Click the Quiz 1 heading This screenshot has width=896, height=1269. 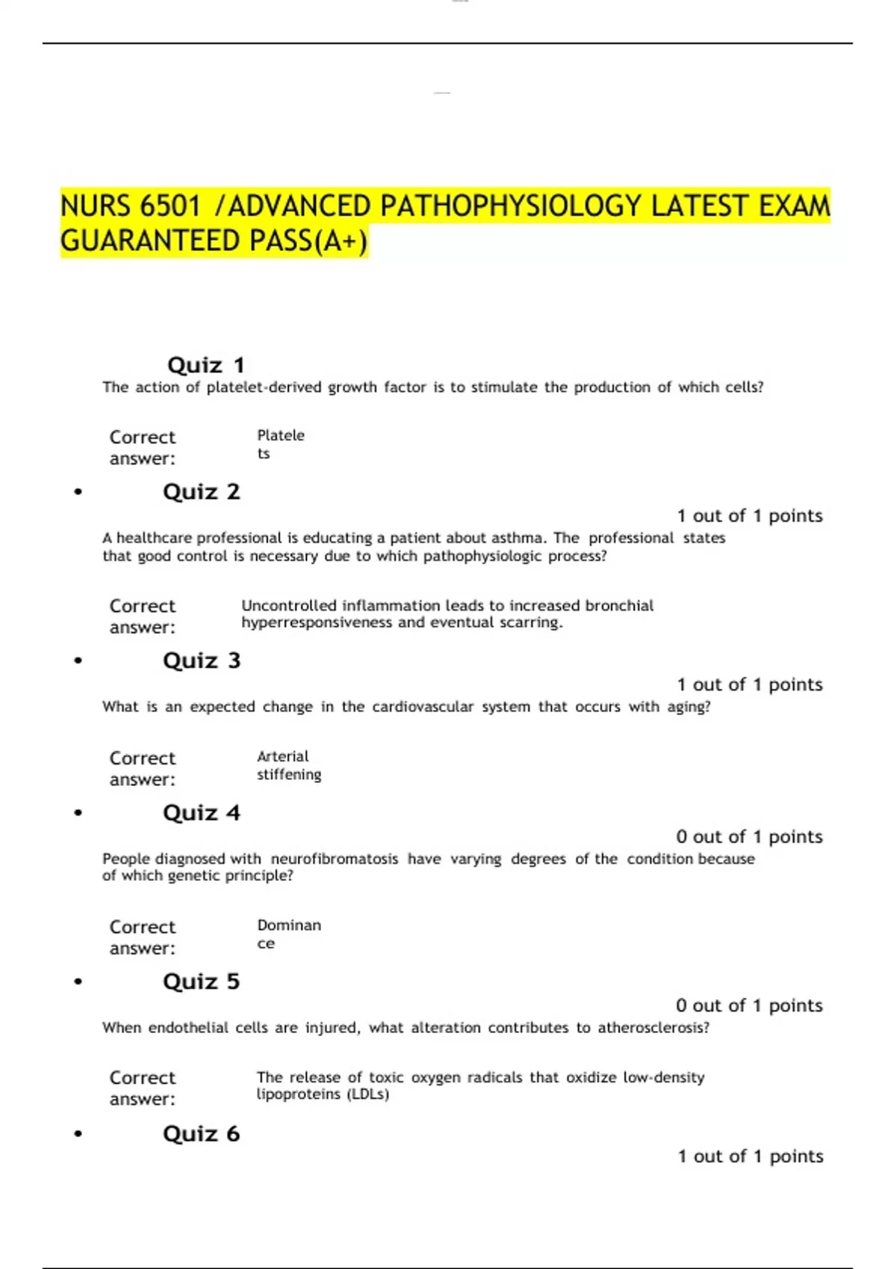coord(206,365)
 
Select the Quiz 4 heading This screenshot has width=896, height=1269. coord(202,813)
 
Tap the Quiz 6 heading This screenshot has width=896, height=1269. coord(202,1134)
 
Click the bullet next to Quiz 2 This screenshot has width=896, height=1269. coord(78,492)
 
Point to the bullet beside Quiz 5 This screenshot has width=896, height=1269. coord(78,982)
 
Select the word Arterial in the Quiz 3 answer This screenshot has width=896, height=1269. coord(282,756)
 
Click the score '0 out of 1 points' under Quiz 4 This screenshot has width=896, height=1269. coord(749,837)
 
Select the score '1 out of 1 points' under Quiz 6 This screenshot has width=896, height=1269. coord(750,1156)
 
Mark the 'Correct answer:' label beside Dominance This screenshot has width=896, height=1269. coord(143,938)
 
